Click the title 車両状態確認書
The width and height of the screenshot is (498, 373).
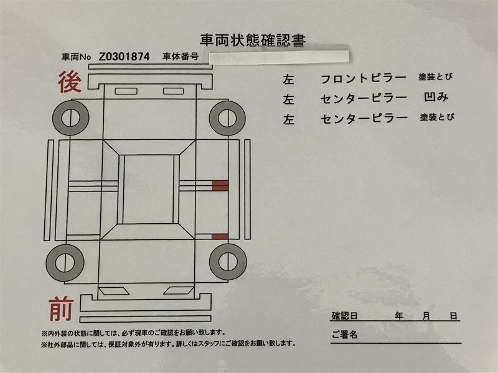pos(253,40)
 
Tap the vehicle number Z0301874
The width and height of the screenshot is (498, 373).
pos(124,57)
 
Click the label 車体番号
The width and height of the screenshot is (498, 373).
pos(181,57)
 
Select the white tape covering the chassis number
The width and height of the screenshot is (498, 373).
pos(279,57)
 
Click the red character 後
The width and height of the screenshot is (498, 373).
pos(70,82)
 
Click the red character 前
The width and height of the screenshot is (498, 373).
pos(61,308)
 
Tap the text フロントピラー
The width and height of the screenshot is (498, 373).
pos(364,78)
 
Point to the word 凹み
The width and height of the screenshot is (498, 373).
pos(436,97)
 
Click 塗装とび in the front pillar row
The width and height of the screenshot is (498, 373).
pos(435,76)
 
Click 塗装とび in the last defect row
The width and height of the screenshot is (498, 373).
pos(437,117)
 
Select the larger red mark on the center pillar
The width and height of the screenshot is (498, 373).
pos(220,185)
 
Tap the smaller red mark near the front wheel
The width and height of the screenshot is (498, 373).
pos(220,237)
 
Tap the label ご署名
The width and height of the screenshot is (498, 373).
pos(345,334)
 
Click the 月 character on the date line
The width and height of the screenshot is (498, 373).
pos(426,316)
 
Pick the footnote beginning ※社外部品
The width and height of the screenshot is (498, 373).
pos(168,344)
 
